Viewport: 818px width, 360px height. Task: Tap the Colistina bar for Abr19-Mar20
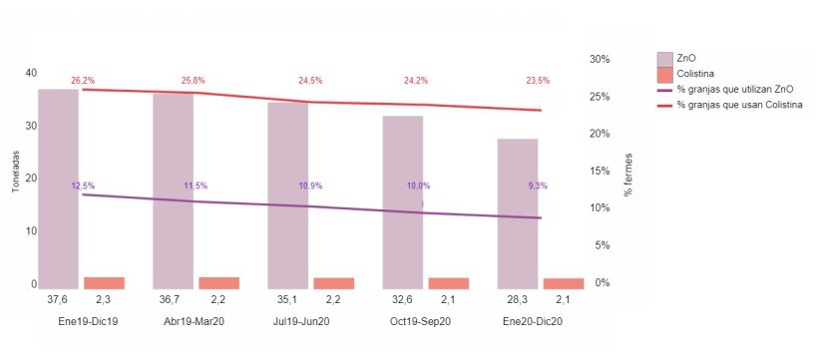click(x=218, y=282)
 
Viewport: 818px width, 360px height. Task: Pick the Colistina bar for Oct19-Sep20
click(x=448, y=283)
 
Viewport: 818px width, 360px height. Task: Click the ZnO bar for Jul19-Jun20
click(x=288, y=194)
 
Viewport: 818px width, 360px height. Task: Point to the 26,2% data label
click(x=83, y=80)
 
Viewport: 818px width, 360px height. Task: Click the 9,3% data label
click(x=537, y=185)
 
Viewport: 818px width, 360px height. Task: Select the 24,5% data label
click(x=310, y=81)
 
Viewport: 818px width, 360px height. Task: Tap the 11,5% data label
click(x=196, y=185)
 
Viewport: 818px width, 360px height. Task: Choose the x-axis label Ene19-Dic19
click(x=81, y=322)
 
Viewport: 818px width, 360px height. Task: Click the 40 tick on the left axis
click(x=31, y=73)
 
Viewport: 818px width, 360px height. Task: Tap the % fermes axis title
click(x=628, y=178)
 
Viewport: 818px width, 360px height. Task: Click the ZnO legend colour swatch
click(x=665, y=58)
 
